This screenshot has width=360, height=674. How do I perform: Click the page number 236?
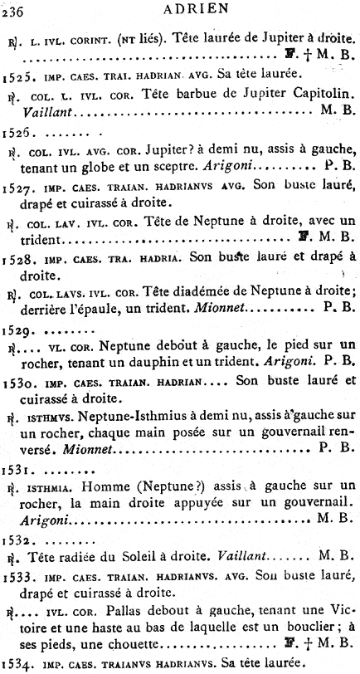(14, 11)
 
